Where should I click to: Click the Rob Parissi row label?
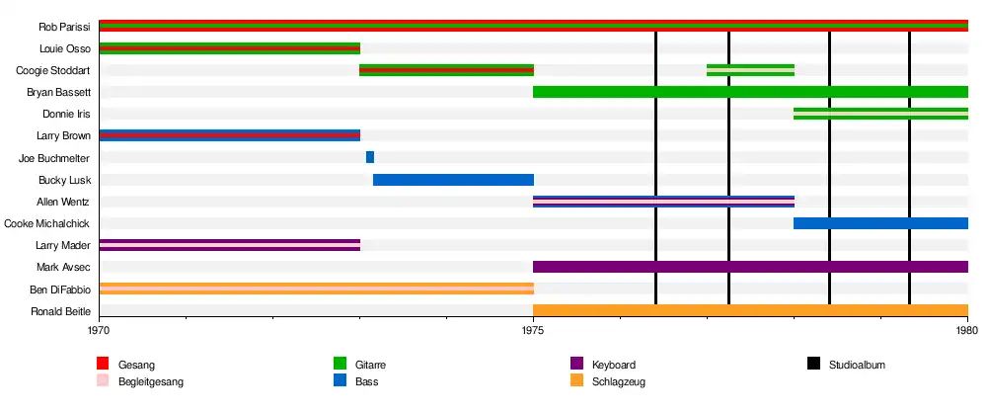click(63, 27)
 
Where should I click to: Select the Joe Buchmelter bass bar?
click(370, 157)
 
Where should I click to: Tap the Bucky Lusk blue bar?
click(453, 180)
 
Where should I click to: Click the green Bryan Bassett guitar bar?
click(750, 92)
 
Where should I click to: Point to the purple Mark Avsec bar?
click(750, 267)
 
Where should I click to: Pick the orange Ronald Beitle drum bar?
click(750, 310)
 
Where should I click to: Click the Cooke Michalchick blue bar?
click(880, 223)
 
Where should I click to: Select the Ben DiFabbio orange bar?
click(316, 289)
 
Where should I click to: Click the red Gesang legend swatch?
click(103, 365)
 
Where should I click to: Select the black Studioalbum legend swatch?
click(814, 365)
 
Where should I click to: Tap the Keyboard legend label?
click(613, 365)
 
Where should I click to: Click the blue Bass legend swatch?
click(340, 380)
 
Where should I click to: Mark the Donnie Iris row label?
click(69, 115)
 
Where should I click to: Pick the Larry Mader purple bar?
click(229, 245)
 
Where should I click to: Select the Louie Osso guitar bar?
click(229, 48)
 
